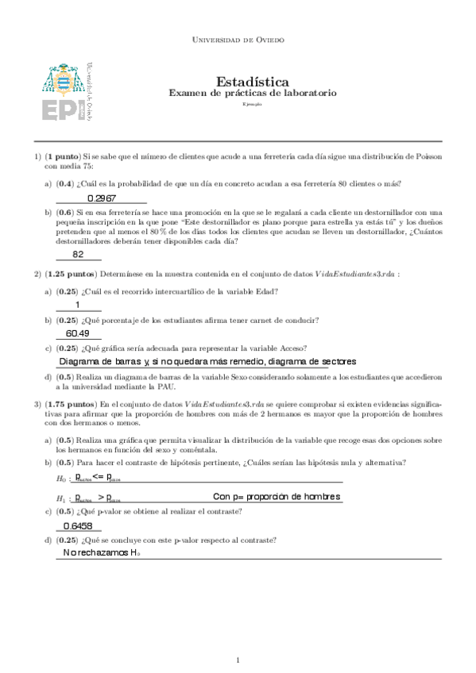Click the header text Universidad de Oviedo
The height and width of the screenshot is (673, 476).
point(238,38)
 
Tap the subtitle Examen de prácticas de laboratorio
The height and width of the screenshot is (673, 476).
point(252,94)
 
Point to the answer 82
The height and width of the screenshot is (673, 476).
point(78,255)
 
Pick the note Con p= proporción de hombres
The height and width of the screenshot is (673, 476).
point(277,497)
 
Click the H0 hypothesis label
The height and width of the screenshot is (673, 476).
point(61,479)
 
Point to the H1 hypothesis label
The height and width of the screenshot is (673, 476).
point(61,498)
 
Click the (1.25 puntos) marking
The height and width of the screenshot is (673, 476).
point(69,274)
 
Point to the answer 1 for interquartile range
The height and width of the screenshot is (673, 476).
point(78,306)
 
